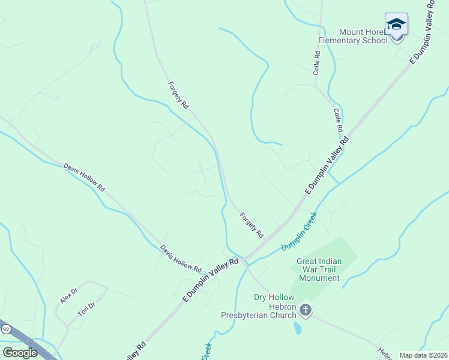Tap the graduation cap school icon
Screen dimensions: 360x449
(396, 25)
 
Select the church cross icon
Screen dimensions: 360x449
(306, 310)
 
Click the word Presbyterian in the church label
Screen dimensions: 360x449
(259, 315)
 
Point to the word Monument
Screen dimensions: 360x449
(318, 278)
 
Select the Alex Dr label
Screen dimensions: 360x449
(69, 295)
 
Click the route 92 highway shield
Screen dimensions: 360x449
(6, 329)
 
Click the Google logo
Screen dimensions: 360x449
(20, 352)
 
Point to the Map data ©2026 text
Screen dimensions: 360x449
(423, 355)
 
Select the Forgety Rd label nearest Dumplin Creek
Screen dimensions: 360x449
(252, 224)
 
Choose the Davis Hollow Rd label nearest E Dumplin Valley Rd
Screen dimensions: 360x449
(180, 258)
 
